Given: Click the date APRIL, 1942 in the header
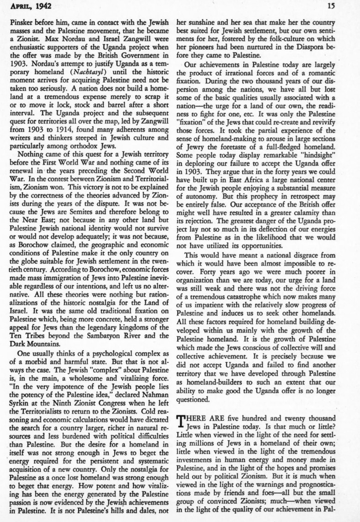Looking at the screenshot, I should pos(29,5).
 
